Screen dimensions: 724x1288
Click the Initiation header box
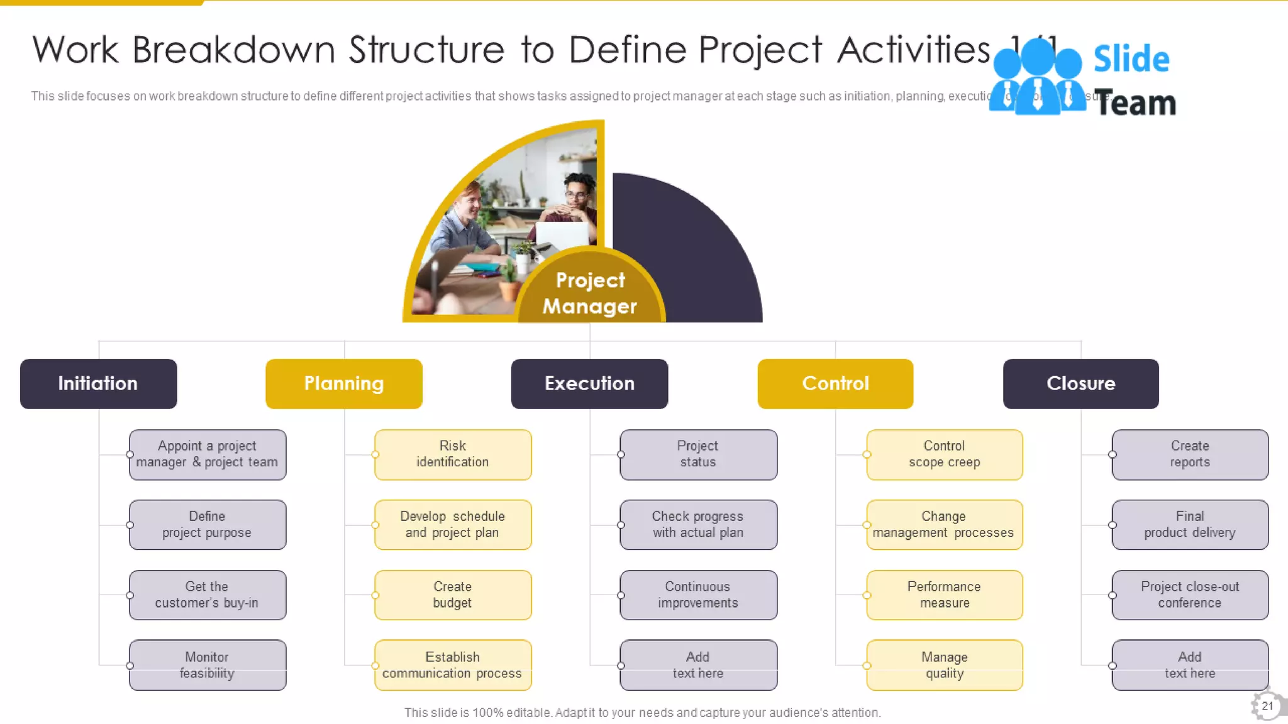coord(98,383)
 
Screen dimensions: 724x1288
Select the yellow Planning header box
coord(343,383)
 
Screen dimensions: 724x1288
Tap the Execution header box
coord(589,383)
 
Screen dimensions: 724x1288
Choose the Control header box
coord(835,383)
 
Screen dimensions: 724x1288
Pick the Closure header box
coord(1080,383)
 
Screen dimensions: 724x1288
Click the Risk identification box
coord(453,454)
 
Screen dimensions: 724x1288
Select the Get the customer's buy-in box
coord(207,595)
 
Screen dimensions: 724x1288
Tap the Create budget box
coord(453,595)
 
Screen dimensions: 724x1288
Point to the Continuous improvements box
coord(698,595)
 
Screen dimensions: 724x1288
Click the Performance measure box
coord(944,595)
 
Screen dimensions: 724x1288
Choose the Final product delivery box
coord(1190,525)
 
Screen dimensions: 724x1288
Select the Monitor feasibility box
coord(207,665)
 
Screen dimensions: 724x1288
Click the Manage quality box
coord(944,665)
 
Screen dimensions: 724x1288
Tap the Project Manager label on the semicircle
coord(590,293)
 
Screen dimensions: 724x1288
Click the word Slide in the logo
coord(1131,60)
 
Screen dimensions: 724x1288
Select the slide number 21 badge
coord(1267,706)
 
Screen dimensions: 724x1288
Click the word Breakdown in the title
coord(233,50)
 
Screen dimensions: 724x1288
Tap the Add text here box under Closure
coord(1190,665)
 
